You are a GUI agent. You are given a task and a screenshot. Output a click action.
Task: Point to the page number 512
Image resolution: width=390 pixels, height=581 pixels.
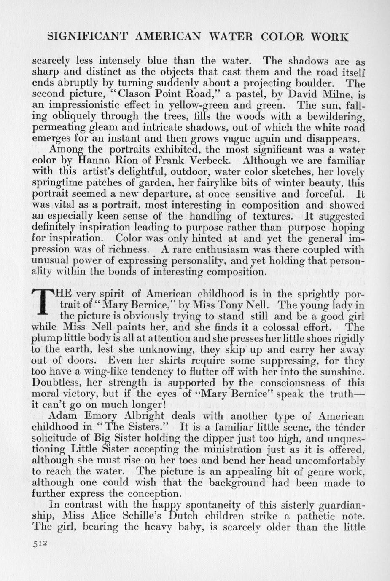[41, 543]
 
